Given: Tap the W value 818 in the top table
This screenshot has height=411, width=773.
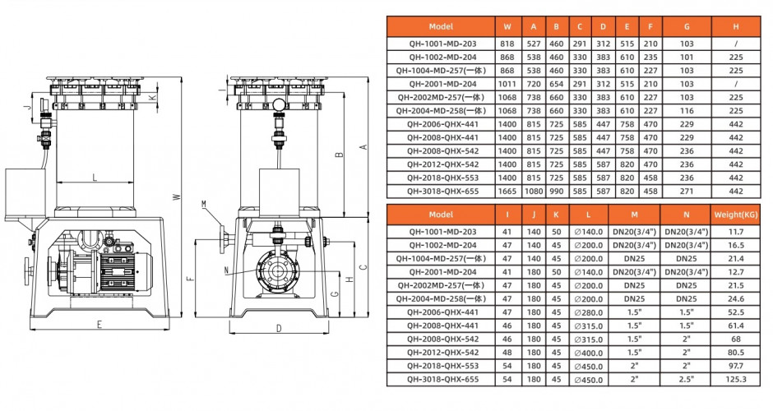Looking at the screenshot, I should point(507,44).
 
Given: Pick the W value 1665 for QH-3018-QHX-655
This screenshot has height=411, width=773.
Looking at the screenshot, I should point(507,191).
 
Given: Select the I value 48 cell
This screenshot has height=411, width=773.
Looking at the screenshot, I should point(507,353).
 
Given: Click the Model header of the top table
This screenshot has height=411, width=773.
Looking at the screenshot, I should point(441,26).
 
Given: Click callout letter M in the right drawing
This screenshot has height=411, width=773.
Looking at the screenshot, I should point(204,203).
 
